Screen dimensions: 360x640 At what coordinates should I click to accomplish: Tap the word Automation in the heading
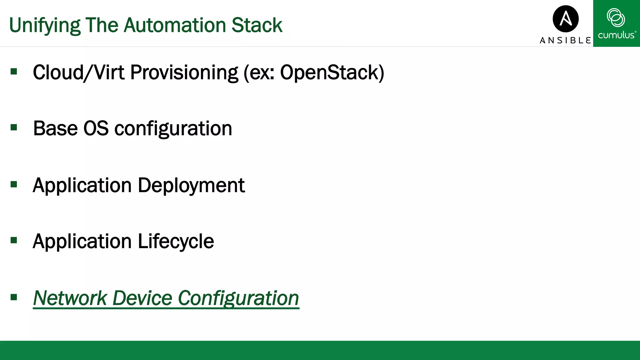tap(175, 25)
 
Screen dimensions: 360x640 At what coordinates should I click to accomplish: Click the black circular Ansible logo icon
tap(566, 19)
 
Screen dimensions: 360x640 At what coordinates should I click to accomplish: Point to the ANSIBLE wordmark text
tap(565, 40)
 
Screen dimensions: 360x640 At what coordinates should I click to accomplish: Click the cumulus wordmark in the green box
tap(617, 35)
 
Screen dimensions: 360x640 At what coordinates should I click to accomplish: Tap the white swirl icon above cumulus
tap(616, 17)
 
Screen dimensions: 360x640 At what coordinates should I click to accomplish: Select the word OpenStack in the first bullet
tap(332, 72)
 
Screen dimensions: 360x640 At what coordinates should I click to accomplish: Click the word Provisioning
tap(184, 72)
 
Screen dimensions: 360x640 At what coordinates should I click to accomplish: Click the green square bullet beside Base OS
tap(14, 127)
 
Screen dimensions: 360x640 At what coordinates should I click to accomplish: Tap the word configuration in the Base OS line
tap(173, 129)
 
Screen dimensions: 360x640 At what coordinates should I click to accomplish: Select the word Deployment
tap(191, 186)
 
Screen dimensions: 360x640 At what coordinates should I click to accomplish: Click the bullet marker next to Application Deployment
tap(14, 184)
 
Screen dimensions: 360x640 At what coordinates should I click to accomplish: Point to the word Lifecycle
tap(176, 242)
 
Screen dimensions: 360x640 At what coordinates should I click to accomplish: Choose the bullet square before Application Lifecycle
tap(14, 240)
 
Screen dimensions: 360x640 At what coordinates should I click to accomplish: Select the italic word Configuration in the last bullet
tap(238, 298)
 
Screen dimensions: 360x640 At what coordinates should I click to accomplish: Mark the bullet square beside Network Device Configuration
tap(14, 297)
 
